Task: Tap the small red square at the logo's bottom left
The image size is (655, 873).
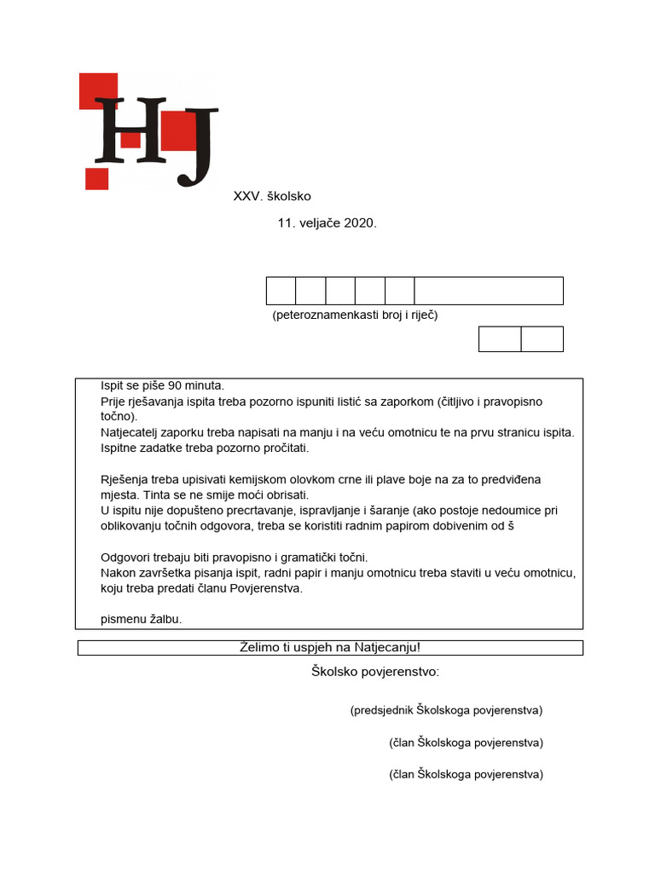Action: (96, 178)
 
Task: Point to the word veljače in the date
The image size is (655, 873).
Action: (318, 223)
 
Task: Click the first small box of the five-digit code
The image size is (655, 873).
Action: (281, 291)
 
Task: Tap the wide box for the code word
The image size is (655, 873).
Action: (488, 291)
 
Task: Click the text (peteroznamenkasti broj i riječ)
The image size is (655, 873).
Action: (355, 315)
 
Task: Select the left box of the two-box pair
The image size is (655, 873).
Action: (500, 338)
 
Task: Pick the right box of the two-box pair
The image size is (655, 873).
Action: (542, 338)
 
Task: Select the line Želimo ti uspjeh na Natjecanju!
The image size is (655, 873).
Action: (330, 648)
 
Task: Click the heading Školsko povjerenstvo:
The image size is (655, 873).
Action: (375, 673)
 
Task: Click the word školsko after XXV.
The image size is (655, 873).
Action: (289, 196)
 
